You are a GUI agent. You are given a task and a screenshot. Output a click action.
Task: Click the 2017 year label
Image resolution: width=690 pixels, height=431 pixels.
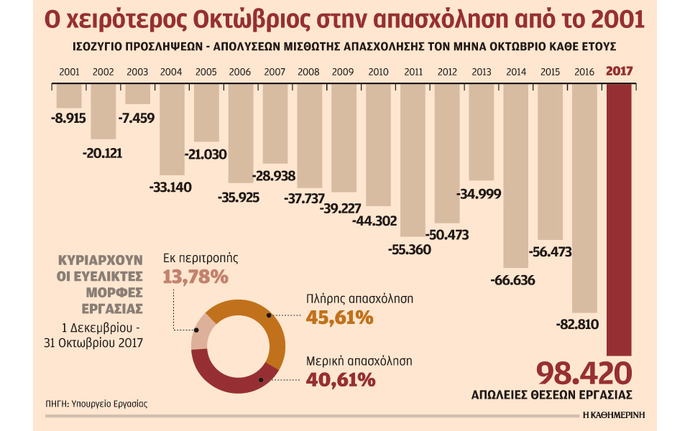620,72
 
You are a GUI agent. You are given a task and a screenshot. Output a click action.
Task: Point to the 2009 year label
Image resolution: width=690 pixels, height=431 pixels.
343,72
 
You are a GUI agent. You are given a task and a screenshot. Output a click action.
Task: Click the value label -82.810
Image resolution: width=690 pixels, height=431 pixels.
577,325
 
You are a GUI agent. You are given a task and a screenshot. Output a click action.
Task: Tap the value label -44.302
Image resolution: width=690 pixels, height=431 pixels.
374,221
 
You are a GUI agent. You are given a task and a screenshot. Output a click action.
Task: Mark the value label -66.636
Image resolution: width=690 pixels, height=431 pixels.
512,280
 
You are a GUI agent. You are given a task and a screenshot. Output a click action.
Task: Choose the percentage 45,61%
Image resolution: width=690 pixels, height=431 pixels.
340,317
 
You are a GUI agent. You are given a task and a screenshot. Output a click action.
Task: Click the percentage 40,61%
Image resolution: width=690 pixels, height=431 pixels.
340,379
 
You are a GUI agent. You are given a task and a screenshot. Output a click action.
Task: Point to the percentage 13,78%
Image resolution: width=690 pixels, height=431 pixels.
195,276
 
